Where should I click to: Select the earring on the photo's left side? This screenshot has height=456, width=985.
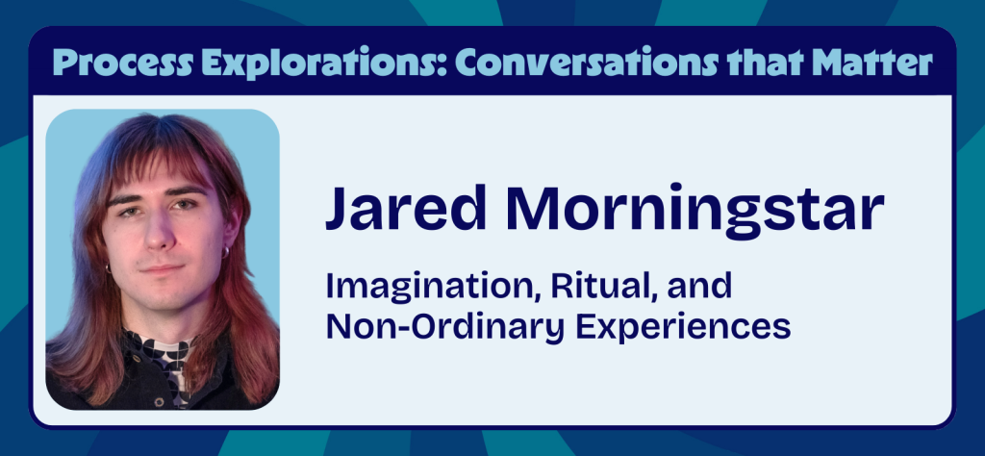107,266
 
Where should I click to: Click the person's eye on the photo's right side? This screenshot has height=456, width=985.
182,204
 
